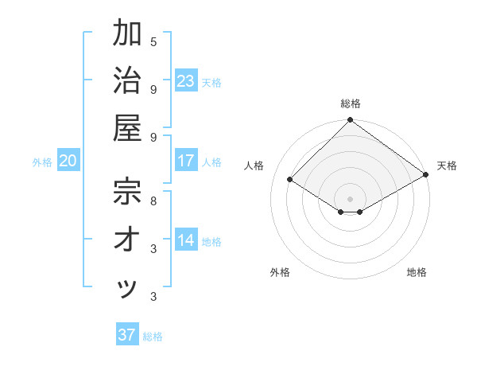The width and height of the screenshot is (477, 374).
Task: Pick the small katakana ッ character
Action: pyautogui.click(x=128, y=288)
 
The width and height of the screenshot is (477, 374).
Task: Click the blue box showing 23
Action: pyautogui.click(x=185, y=80)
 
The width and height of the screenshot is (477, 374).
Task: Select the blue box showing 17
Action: pyautogui.click(x=185, y=161)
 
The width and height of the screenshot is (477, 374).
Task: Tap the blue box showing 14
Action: pyautogui.click(x=185, y=240)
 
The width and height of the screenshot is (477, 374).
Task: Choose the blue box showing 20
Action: pyautogui.click(x=68, y=161)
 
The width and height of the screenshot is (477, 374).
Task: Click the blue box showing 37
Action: pyautogui.click(x=126, y=335)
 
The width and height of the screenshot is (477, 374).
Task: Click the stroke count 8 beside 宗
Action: pyautogui.click(x=153, y=201)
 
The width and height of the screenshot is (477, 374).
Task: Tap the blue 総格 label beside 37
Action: pyautogui.click(x=153, y=337)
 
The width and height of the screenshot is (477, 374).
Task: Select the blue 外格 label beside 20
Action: pyautogui.click(x=42, y=162)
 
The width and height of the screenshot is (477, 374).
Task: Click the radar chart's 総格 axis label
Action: pyautogui.click(x=350, y=103)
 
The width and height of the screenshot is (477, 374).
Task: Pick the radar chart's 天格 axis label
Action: pyautogui.click(x=447, y=166)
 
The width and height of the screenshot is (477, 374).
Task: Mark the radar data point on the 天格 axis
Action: pyautogui.click(x=427, y=174)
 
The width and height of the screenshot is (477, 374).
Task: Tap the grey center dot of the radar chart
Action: pyautogui.click(x=350, y=198)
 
